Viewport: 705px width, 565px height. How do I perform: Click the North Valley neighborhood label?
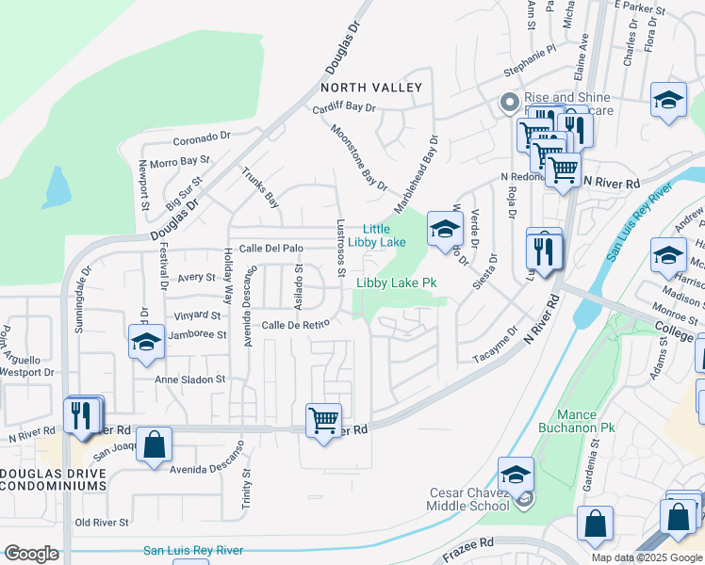click(x=371, y=88)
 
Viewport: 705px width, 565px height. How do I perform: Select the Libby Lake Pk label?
click(x=397, y=282)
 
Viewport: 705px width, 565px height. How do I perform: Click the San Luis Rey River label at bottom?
click(x=193, y=551)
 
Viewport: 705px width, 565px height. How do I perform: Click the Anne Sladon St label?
click(x=191, y=379)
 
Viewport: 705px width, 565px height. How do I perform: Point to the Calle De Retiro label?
click(x=295, y=325)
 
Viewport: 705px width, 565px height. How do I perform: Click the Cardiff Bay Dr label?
click(x=344, y=106)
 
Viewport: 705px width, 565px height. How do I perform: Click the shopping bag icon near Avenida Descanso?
click(x=155, y=443)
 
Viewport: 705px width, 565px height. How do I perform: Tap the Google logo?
click(x=31, y=554)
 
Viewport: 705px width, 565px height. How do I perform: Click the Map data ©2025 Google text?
click(x=647, y=557)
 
